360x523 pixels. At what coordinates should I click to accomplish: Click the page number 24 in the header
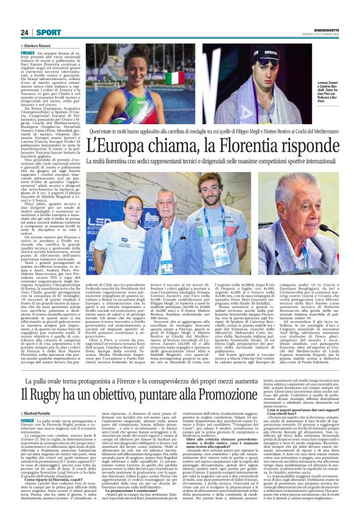point(25,32)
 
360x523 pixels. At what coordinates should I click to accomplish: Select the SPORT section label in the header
point(47,32)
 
